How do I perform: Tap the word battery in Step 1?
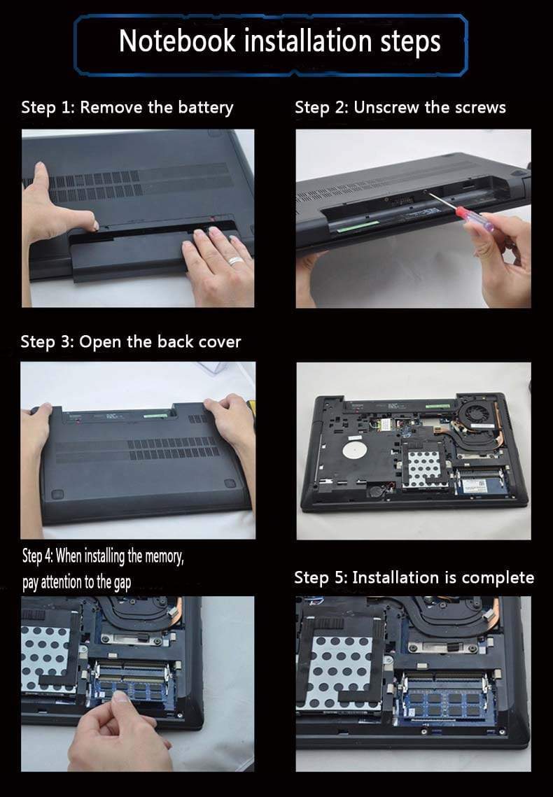pyautogui.click(x=205, y=108)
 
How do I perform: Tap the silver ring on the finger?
pyautogui.click(x=236, y=261)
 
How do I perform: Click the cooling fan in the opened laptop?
pyautogui.click(x=476, y=412)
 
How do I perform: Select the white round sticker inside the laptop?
pyautogui.click(x=354, y=451)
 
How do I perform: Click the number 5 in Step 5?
pyautogui.click(x=339, y=578)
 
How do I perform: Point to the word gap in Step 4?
pyautogui.click(x=122, y=582)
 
